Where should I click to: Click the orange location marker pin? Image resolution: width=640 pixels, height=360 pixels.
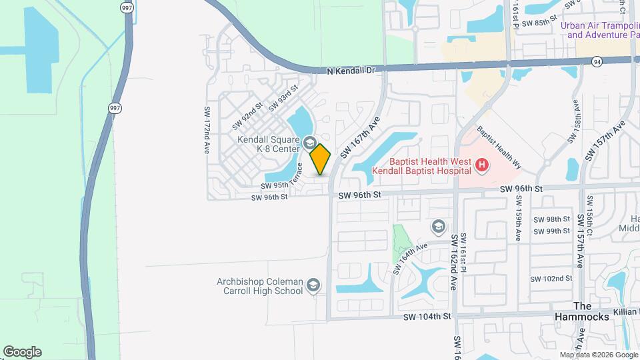coord(321,159)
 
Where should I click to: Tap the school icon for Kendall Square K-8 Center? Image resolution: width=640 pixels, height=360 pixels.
coord(309,143)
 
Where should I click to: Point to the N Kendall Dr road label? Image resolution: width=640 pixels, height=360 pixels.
coord(351,70)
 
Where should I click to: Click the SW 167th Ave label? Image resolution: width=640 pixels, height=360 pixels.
coord(359,138)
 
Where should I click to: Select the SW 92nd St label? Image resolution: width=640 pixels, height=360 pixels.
coord(249,115)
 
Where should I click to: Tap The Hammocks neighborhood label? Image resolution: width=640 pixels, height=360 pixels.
coord(582,311)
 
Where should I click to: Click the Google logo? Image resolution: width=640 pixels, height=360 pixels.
coord(22,351)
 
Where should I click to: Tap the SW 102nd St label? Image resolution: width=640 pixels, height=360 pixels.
coord(551,279)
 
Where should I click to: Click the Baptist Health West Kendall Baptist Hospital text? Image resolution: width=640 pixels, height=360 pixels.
coord(431,167)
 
